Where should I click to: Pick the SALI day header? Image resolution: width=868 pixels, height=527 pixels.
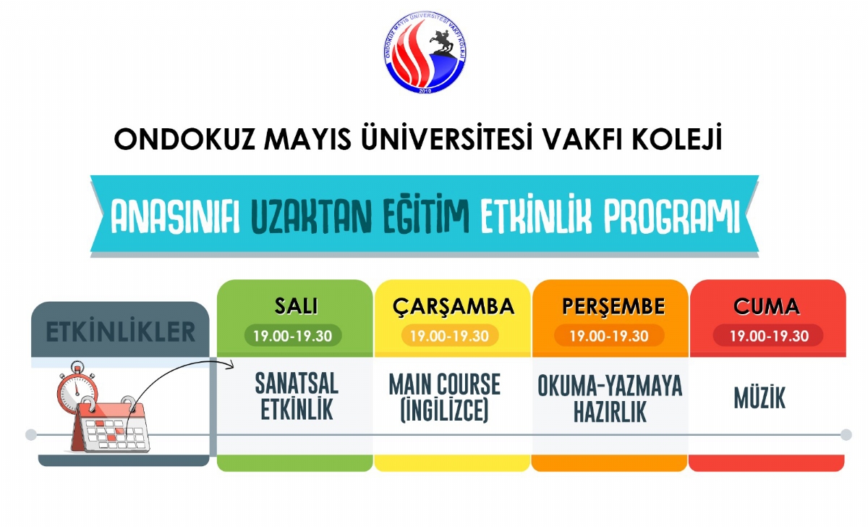[295, 306]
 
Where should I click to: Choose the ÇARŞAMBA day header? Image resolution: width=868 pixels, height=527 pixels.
[454, 306]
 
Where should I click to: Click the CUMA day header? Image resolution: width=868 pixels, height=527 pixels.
[767, 306]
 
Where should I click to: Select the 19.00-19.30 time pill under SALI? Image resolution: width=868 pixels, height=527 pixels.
[293, 336]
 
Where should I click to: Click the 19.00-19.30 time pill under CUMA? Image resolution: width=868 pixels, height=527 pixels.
[767, 336]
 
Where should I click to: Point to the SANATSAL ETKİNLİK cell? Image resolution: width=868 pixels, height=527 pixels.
[296, 397]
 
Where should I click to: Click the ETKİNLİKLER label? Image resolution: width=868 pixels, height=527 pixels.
[121, 332]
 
